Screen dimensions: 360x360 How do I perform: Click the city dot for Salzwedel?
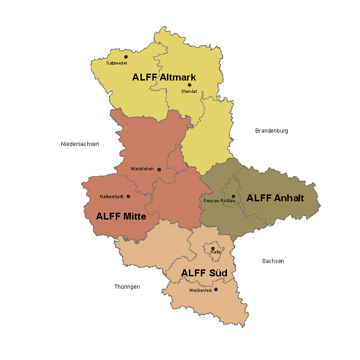pos(126,57)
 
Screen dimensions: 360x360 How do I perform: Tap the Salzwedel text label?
pos(116,63)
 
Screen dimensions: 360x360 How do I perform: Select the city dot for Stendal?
pos(189,85)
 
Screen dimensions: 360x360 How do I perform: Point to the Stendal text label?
pos(189,91)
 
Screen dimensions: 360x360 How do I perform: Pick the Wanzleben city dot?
pos(159,170)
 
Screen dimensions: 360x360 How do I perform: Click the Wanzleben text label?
pos(142,169)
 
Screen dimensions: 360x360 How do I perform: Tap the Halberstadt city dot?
pos(128,196)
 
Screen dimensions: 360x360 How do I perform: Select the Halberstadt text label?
pos(112,197)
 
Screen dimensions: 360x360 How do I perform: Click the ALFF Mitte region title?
pos(121,216)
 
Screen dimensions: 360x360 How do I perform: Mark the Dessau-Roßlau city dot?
pos(233,196)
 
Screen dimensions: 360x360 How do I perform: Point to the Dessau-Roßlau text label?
pos(220,201)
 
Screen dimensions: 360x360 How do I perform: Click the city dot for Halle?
pos(213,248)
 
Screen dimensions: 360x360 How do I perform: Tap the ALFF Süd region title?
pos(204,273)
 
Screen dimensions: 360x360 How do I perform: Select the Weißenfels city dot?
pos(216,289)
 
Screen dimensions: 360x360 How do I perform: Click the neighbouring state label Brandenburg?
pos(271,131)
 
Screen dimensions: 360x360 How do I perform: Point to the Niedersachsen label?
pos(80,144)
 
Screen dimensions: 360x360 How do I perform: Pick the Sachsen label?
pos(273,261)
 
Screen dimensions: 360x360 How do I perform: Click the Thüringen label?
pos(127,287)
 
